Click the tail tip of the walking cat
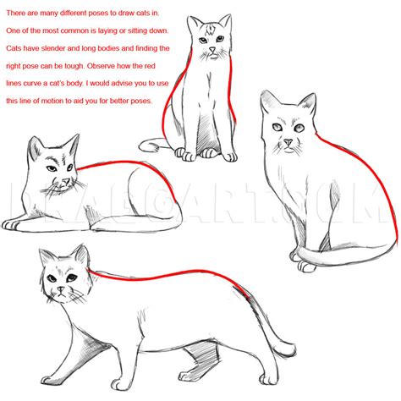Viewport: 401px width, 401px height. coord(293,349)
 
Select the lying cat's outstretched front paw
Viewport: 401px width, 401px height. coord(13,225)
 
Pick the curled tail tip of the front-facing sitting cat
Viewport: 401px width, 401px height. coord(142,145)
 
